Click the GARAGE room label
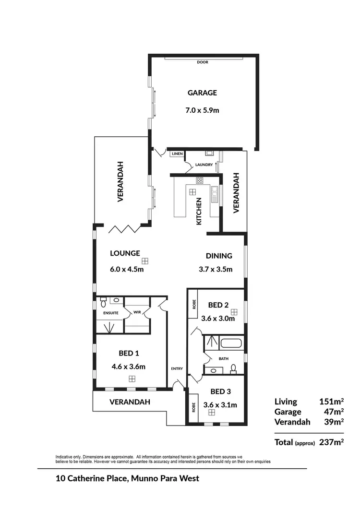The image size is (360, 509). point(202,93)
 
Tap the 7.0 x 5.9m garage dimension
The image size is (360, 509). point(202,110)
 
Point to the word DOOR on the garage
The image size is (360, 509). point(202,62)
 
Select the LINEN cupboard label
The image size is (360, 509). point(177,154)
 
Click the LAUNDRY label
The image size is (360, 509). point(204,165)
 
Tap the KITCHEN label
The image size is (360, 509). point(199,211)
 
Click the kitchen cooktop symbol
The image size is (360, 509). point(199,180)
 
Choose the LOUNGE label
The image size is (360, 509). point(125,253)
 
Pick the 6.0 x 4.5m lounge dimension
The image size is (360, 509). point(127,269)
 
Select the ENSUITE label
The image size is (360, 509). point(111,313)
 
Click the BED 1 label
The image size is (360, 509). point(129,354)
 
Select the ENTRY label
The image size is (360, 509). point(177,368)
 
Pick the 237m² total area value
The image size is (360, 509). point(332,442)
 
